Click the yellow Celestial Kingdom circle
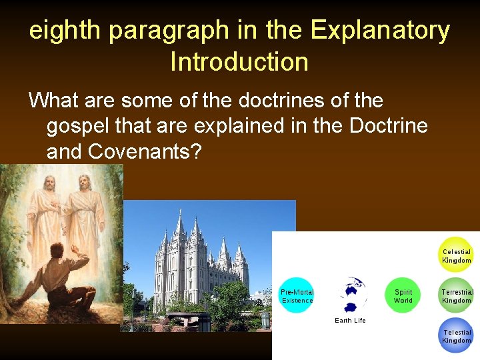pos(457,255)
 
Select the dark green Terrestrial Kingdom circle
pos(457,295)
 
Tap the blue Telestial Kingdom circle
pos(457,335)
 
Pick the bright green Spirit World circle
pos(403,295)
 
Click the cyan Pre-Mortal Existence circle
pos(297,295)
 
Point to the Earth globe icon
pos(350,294)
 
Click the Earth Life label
pos(350,321)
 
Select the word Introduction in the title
pos(239,62)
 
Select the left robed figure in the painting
pos(45,213)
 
